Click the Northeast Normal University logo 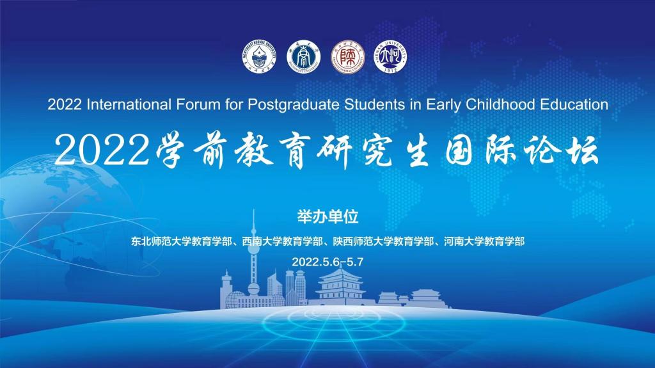260,57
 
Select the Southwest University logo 304,57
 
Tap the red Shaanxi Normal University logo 347,57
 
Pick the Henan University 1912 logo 391,57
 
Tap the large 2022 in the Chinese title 102,150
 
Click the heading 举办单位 328,217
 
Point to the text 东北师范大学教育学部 181,241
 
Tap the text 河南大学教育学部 484,241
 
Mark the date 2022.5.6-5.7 327,262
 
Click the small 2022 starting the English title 65,104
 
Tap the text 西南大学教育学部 282,241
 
